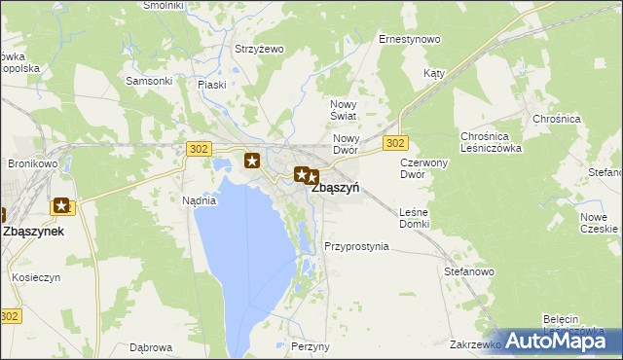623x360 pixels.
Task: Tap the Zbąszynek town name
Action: [x=34, y=233]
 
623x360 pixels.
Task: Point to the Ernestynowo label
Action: [x=410, y=40]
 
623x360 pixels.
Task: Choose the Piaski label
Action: [x=211, y=85]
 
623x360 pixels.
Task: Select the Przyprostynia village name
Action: [x=356, y=247]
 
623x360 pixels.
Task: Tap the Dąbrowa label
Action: [x=151, y=347]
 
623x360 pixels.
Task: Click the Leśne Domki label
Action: [x=415, y=218]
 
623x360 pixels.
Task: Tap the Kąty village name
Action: [x=434, y=74]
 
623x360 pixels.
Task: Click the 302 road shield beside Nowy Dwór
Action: [x=394, y=143]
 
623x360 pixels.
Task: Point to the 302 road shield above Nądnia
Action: [x=198, y=148]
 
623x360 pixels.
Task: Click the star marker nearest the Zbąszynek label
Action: [x=62, y=206]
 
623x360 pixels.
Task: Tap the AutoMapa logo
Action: [x=560, y=341]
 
